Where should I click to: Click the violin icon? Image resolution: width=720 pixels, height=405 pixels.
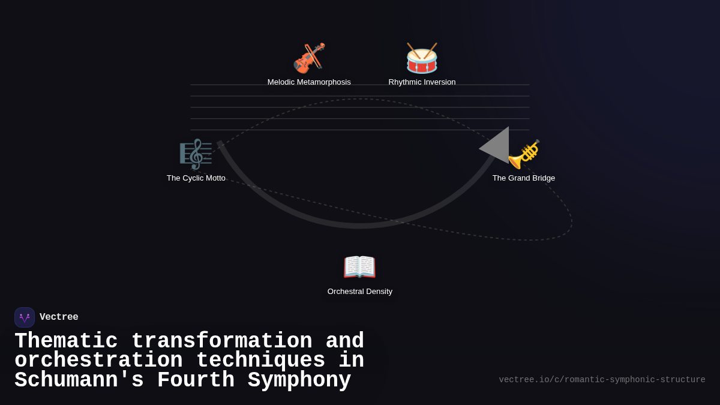pos(309,58)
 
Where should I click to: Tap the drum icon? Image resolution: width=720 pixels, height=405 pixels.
pos(422,58)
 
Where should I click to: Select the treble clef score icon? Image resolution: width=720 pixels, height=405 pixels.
pos(196,154)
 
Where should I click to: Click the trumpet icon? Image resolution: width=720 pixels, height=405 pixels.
pos(524,154)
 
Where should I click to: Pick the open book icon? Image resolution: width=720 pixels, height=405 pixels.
pos(359,267)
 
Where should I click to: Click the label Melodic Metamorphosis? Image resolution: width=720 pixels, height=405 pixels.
pos(309,82)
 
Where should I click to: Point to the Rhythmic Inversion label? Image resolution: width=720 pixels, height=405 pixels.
pos(422,82)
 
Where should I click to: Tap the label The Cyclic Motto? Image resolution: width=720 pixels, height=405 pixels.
pos(196,178)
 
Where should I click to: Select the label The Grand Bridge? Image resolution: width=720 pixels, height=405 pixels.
pos(524,178)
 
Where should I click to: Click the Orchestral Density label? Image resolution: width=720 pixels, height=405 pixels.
pos(359,291)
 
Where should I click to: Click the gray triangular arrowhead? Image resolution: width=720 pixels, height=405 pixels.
pos(497,146)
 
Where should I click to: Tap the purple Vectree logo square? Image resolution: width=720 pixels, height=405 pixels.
pos(25,317)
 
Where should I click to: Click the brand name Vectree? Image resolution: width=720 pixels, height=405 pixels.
pos(59,317)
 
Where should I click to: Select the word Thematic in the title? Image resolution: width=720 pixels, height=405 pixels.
pos(66,341)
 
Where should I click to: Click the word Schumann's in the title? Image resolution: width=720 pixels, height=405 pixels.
pos(79,380)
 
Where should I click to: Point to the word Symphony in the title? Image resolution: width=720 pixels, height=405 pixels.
pos(299,380)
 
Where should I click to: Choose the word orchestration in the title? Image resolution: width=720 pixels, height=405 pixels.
pos(98,360)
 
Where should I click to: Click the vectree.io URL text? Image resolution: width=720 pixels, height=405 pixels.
pos(602,380)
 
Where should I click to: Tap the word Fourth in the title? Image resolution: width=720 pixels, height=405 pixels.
pos(196,380)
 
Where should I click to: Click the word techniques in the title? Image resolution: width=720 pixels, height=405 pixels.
pos(260,360)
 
